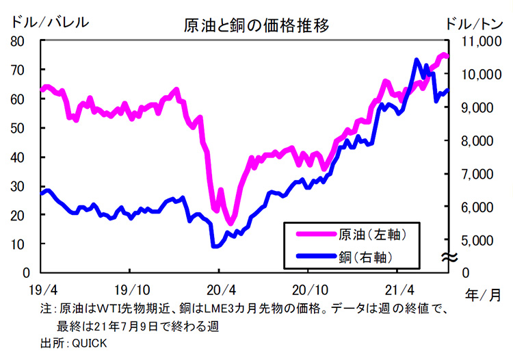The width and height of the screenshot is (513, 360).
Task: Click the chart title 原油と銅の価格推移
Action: pos(256,26)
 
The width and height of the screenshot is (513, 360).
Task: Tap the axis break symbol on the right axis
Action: pos(449,257)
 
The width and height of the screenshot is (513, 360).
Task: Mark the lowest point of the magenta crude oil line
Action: pos(231,223)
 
